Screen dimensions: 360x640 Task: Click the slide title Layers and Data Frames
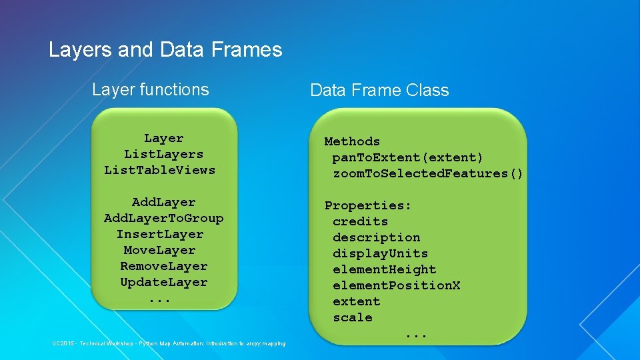pos(165,50)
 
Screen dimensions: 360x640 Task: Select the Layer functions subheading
pos(150,89)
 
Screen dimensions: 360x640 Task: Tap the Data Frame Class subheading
pos(379,90)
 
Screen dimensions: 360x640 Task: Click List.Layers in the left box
pos(163,154)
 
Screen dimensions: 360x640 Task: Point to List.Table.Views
pos(160,170)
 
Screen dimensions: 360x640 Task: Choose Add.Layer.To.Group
pos(163,218)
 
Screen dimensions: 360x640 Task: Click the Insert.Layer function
pos(160,234)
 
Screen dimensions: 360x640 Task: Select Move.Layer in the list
pos(159,250)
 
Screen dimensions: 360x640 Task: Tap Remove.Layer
pos(163,266)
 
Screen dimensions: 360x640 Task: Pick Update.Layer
pos(163,282)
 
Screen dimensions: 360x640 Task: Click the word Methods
pos(352,141)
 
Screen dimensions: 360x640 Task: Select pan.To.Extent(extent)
pos(408,157)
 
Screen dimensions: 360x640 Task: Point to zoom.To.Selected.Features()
pos(428,173)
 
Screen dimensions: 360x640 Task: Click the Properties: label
pos(368,205)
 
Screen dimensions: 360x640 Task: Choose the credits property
pos(360,221)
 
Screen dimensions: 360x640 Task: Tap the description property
pos(376,237)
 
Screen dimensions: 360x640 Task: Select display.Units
pos(380,253)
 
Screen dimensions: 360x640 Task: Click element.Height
pos(384,269)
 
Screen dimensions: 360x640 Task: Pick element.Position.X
pos(396,285)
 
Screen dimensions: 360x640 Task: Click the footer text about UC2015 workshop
pos(169,343)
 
